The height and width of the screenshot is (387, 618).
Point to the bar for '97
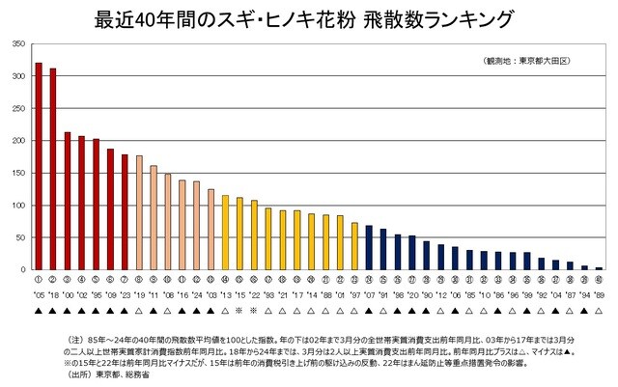pos(354,246)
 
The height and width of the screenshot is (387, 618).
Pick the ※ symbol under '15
pos(239,311)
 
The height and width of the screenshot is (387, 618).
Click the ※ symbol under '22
pos(254,311)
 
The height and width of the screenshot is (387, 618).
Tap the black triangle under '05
pos(39,311)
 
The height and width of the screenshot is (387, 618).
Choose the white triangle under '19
pos(139,311)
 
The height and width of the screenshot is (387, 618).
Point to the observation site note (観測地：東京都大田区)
pos(527,61)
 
